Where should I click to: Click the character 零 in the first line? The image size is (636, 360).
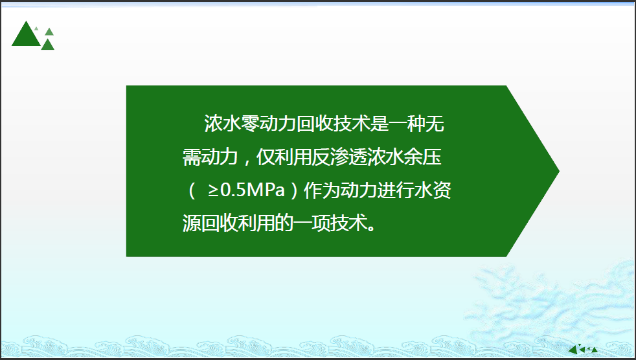(x=250, y=124)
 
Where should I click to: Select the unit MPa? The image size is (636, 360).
(x=266, y=190)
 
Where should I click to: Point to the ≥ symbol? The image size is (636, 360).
(x=213, y=190)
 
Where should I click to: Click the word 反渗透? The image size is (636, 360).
(x=339, y=157)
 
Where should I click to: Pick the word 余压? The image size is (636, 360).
(x=422, y=157)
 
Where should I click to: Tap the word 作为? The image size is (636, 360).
(x=322, y=190)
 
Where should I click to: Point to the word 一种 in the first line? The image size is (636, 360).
(x=407, y=124)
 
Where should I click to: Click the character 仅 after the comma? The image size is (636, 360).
(x=266, y=157)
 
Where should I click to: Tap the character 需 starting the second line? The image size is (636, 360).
(x=192, y=157)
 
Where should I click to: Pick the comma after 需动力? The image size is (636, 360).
(x=246, y=162)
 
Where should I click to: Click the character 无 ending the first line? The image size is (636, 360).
(x=435, y=124)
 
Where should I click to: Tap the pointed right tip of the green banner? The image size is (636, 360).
(x=559, y=171)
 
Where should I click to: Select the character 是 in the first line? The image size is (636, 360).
(x=380, y=124)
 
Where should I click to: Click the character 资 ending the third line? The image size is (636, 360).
(x=442, y=190)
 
